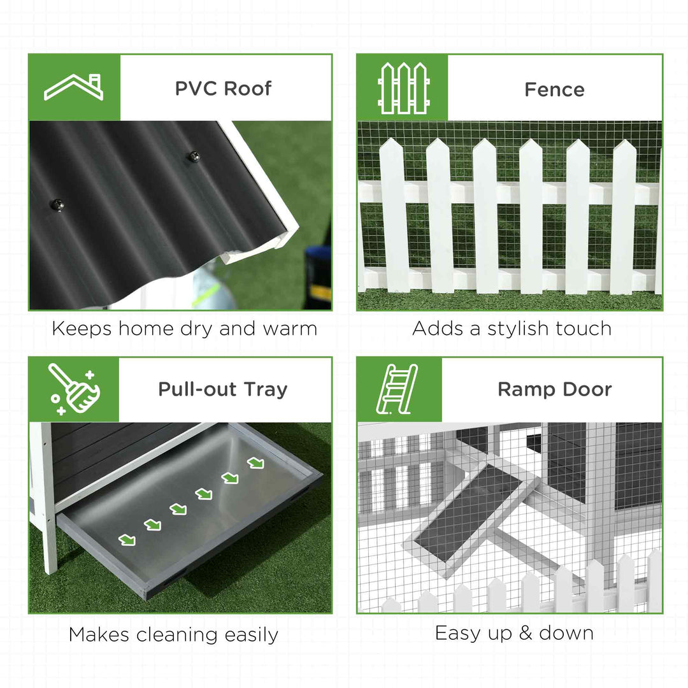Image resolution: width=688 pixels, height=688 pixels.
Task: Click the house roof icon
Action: [74, 87]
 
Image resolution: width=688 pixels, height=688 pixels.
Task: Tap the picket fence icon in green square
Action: [403, 88]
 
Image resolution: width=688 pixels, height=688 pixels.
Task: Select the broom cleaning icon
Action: [73, 389]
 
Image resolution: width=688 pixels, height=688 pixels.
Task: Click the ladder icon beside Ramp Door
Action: [399, 389]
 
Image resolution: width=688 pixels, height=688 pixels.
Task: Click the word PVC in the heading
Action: [194, 89]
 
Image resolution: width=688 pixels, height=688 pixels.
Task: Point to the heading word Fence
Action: [554, 90]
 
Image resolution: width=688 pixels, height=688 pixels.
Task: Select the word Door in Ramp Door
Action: [587, 389]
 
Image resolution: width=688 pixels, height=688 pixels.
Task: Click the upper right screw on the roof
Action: [192, 155]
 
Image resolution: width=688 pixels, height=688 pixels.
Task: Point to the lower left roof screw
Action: [57, 204]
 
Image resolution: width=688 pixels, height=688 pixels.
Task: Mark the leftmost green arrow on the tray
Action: [127, 540]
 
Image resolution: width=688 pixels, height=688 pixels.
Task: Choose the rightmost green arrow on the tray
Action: [255, 462]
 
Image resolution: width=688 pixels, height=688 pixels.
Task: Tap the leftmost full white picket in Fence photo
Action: [394, 217]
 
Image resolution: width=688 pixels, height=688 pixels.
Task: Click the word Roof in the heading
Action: [248, 89]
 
